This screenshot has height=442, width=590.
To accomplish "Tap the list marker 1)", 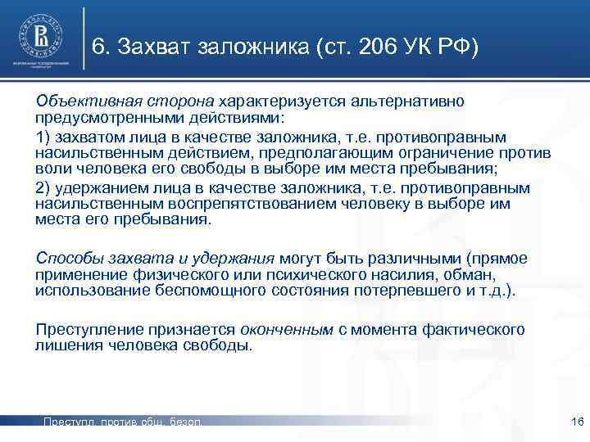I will pos(43,136).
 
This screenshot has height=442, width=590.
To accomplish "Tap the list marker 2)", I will pos(43,188).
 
